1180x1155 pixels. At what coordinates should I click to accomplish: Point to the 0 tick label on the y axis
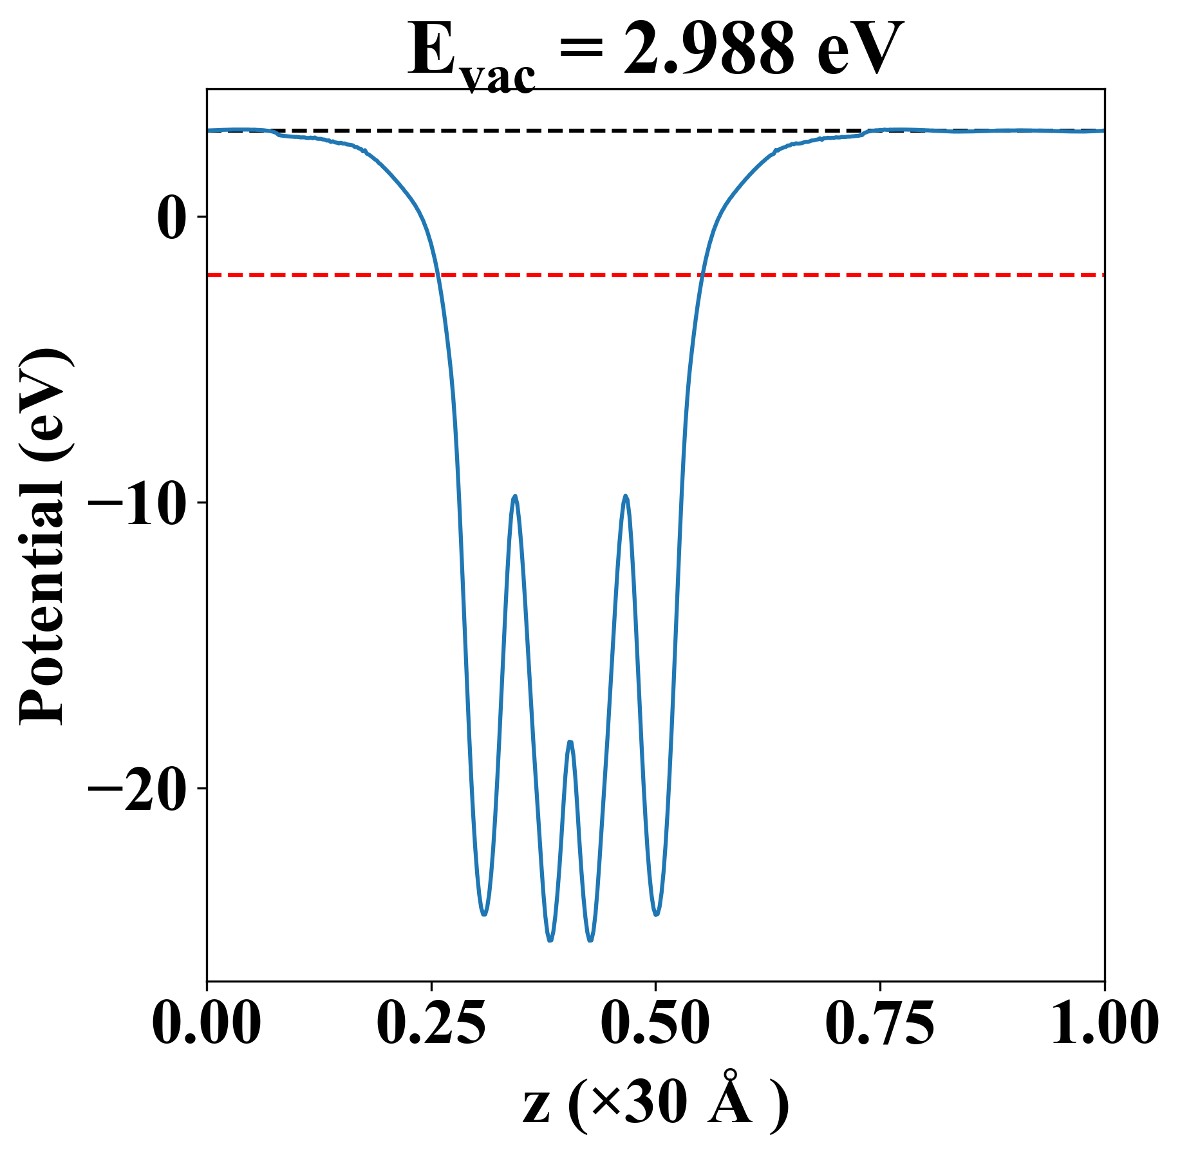pyautogui.click(x=171, y=218)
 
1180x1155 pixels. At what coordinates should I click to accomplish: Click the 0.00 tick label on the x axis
pyautogui.click(x=207, y=1024)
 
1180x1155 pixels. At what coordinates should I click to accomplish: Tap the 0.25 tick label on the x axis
pyautogui.click(x=431, y=1024)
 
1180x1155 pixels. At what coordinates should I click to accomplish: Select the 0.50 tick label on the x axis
pyautogui.click(x=655, y=1024)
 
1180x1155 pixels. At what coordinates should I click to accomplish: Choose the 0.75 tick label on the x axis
pyautogui.click(x=879, y=1024)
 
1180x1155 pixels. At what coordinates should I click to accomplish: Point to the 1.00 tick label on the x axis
pyautogui.click(x=1103, y=1024)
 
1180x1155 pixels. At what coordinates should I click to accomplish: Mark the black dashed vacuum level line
pyautogui.click(x=579, y=131)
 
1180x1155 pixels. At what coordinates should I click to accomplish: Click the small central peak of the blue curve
pyautogui.click(x=570, y=742)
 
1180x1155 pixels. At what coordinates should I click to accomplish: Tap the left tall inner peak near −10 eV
pyautogui.click(x=515, y=496)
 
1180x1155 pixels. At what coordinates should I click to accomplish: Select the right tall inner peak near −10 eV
pyautogui.click(x=625, y=496)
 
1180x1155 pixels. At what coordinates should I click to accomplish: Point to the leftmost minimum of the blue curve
pyautogui.click(x=484, y=914)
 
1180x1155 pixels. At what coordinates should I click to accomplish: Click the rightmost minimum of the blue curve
pyautogui.click(x=656, y=914)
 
